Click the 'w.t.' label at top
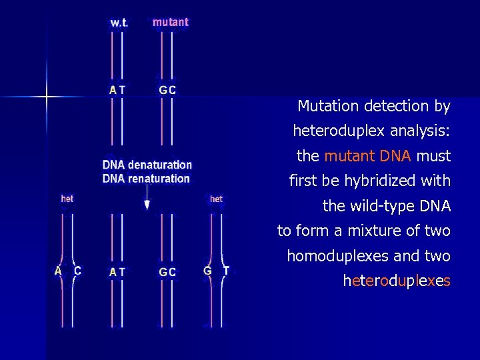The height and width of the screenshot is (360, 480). click(x=119, y=23)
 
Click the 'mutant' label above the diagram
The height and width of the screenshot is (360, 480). click(x=171, y=22)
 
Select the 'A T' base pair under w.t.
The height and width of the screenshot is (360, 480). click(x=117, y=89)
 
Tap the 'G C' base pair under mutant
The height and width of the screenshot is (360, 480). click(x=167, y=89)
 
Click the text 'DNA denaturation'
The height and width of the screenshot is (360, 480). click(x=147, y=165)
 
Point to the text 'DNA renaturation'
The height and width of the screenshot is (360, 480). click(x=146, y=178)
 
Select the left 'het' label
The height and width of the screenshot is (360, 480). click(x=67, y=199)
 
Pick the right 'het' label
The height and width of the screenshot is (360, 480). click(x=216, y=199)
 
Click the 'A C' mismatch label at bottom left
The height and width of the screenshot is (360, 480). click(x=68, y=271)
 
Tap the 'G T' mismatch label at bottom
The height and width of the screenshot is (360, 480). click(x=217, y=271)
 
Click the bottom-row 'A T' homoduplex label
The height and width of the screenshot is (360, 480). click(x=117, y=272)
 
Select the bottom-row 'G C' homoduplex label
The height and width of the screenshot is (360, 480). click(x=167, y=272)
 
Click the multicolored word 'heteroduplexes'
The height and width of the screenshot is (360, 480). click(x=397, y=281)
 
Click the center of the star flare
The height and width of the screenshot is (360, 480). click(x=47, y=97)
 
